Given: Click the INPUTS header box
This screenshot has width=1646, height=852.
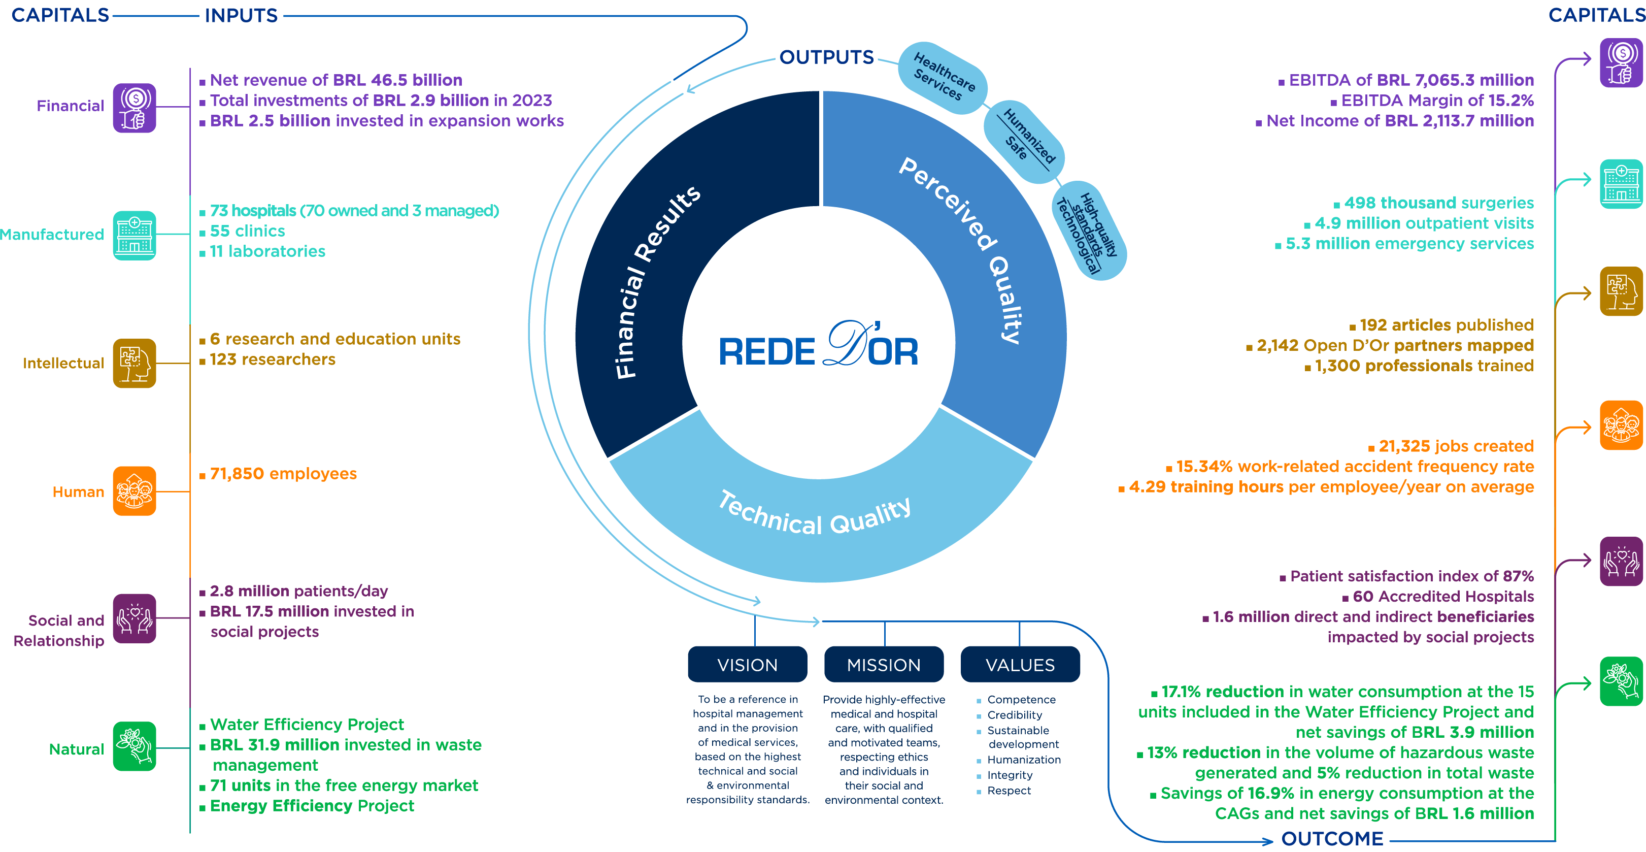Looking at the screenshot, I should coord(241,15).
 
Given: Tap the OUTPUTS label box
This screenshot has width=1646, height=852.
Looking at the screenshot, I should coord(826,57).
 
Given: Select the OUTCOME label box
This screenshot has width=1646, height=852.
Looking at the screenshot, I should coord(1332,838).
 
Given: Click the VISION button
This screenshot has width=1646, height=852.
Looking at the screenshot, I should coord(747,665).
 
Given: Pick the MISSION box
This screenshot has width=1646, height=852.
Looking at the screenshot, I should coord(884,665).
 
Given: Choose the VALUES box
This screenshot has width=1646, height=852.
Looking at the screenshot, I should coord(1020,665).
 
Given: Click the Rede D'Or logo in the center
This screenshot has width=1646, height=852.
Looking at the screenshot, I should coord(819,346).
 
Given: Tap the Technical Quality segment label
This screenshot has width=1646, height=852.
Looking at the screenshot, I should coord(815,514).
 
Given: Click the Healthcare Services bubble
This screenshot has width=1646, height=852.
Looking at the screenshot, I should coord(943,77).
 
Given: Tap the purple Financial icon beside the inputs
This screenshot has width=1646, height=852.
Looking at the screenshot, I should coord(134,107).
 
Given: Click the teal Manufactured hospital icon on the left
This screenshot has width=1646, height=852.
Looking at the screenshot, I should coord(134,235).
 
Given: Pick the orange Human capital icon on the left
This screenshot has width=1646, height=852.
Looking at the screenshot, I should coord(134,491).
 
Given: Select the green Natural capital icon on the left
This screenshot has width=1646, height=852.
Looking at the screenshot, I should coord(134,746).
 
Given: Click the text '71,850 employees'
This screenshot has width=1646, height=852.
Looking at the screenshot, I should coord(283,474).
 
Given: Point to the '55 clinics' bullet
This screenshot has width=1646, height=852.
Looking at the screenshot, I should coord(247,231).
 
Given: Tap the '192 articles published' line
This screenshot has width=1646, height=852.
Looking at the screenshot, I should coord(1446,324).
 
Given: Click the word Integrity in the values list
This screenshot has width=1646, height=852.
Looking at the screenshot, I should coord(1010,775).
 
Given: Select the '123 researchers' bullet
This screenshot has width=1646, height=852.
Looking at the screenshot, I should coord(272,359).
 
